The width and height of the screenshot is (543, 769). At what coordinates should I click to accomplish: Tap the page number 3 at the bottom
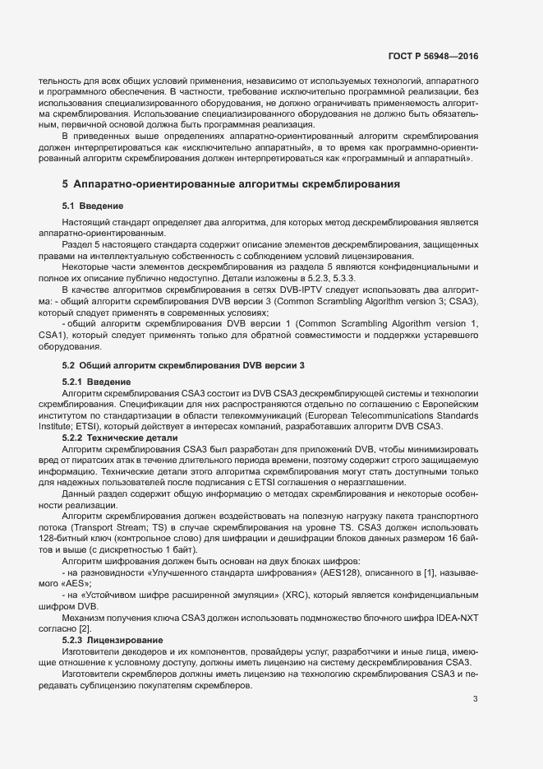click(x=476, y=700)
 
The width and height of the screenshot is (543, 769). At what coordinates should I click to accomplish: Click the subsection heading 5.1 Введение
click(x=93, y=205)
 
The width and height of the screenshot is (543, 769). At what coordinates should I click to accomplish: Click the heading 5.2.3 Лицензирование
click(x=114, y=639)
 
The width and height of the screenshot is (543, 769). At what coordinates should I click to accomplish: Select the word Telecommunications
click(x=390, y=416)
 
